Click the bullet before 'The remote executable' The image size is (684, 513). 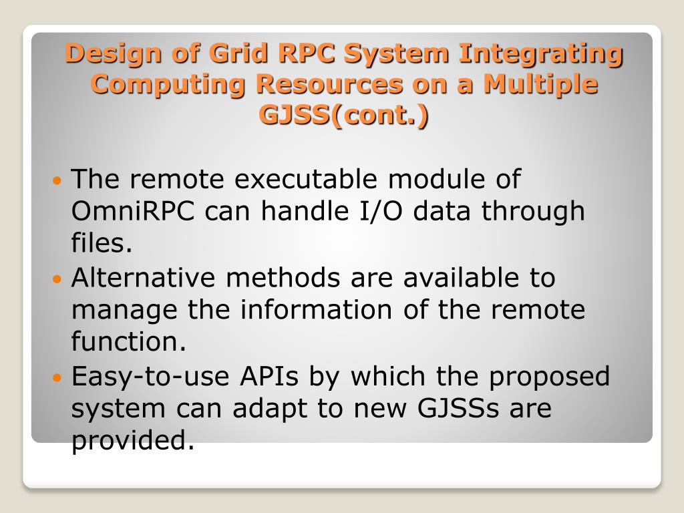tap(57, 181)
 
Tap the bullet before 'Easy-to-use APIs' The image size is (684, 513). tap(57, 377)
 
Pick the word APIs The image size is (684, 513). tap(269, 375)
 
